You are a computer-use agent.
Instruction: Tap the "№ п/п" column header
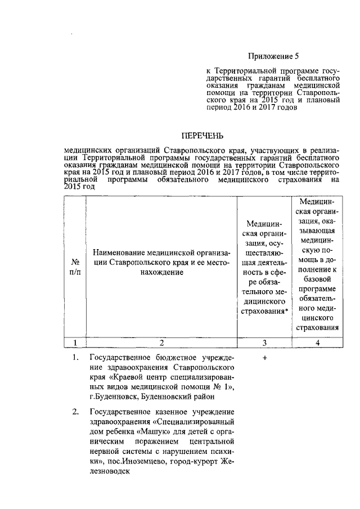(74, 267)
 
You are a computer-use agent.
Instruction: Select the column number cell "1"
(74, 343)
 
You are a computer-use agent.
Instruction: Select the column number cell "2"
(161, 343)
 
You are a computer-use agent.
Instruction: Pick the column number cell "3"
(264, 343)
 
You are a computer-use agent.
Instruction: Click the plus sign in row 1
(264, 358)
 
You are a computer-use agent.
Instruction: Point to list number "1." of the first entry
(75, 358)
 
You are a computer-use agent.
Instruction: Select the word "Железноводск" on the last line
(109, 472)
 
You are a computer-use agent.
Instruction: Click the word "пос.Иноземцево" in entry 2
(126, 463)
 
